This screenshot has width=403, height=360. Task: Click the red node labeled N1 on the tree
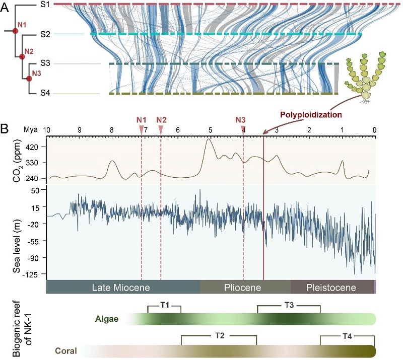coord(15,31)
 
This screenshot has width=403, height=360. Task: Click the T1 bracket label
coord(164,305)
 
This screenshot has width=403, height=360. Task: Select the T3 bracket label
coord(289,305)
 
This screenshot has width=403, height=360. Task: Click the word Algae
coord(106,319)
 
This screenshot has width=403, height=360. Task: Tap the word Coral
coord(66,351)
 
